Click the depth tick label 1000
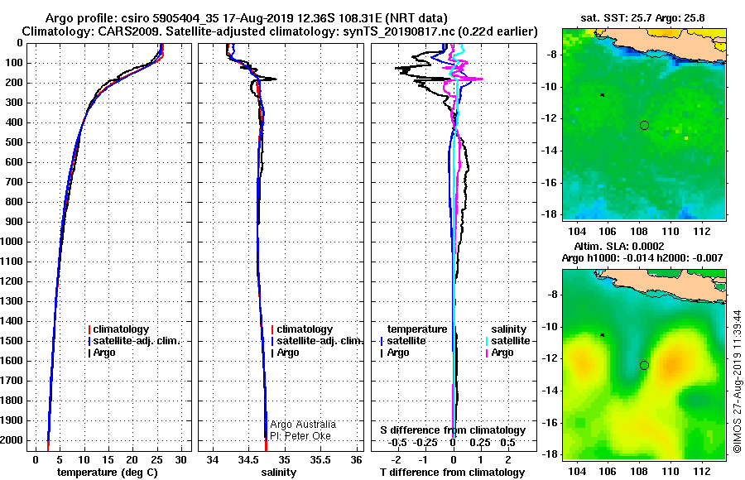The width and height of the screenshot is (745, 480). click(x=12, y=242)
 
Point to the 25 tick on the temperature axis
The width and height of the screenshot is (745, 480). click(x=156, y=460)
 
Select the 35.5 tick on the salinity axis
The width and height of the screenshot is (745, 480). click(x=320, y=460)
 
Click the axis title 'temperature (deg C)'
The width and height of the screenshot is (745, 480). click(x=108, y=473)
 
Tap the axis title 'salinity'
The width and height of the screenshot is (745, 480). click(x=278, y=473)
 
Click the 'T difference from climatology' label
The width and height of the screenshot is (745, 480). click(x=452, y=473)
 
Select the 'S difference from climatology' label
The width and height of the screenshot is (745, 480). click(x=453, y=430)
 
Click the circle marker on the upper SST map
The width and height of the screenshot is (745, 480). click(x=644, y=126)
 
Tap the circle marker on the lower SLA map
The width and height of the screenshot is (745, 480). click(x=644, y=366)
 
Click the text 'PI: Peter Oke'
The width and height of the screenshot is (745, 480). click(x=300, y=436)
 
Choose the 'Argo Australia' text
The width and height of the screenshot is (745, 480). click(x=303, y=425)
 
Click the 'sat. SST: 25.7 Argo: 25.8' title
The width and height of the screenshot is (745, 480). click(x=642, y=18)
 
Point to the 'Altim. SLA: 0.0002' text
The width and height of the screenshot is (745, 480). click(x=619, y=247)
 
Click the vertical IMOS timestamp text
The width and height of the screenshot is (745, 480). click(x=738, y=382)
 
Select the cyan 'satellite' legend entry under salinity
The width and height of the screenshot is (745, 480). click(x=508, y=341)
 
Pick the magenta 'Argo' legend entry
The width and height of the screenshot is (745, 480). click(x=499, y=353)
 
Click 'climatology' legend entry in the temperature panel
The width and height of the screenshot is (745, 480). click(x=118, y=329)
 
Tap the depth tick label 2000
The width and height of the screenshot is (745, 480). click(x=12, y=440)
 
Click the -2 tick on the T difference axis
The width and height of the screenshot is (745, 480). click(x=396, y=460)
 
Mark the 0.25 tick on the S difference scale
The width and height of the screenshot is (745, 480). click(x=480, y=443)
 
